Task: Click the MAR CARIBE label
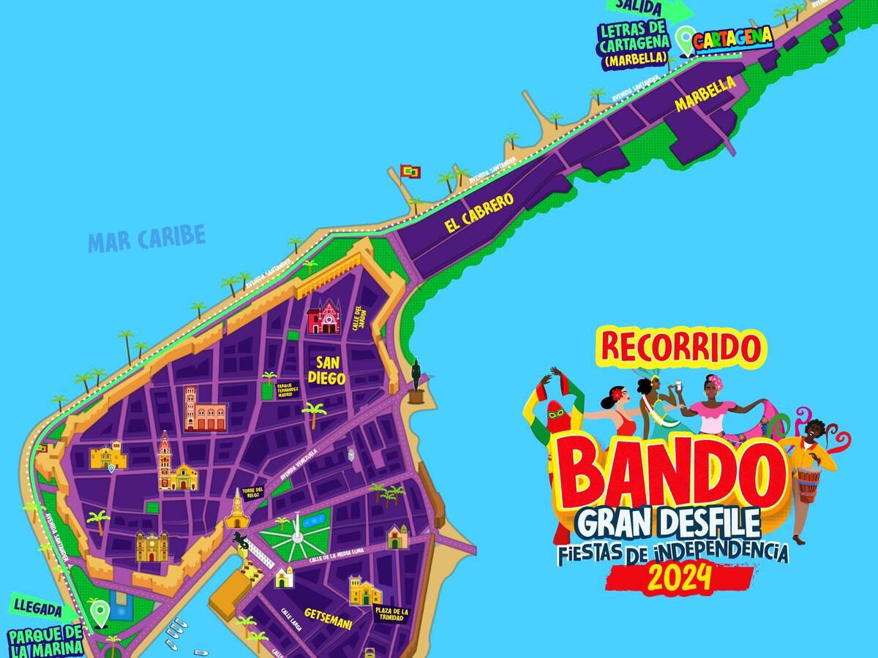(x=146, y=238)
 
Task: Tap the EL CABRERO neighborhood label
(x=479, y=213)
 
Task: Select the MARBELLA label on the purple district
(x=705, y=94)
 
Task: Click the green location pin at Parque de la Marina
(x=99, y=610)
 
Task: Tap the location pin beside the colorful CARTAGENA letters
(x=684, y=39)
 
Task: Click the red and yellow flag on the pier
(x=411, y=172)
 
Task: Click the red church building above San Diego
(x=324, y=318)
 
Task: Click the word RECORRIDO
(x=678, y=348)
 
